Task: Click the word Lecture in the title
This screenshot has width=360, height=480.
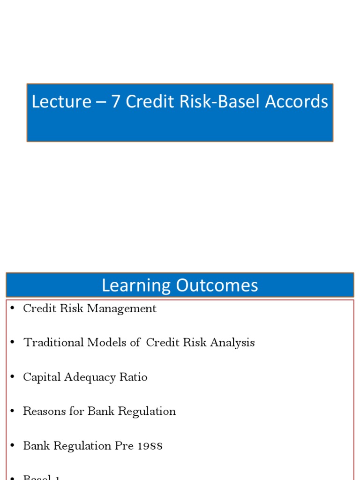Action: [61, 102]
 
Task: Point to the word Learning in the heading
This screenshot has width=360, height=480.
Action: [135, 285]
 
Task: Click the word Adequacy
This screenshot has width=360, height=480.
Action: [86, 377]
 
